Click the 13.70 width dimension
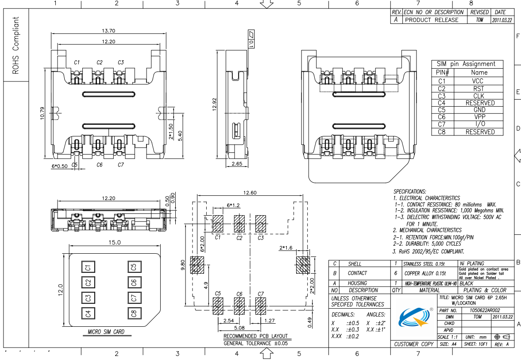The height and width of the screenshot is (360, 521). pos(108,31)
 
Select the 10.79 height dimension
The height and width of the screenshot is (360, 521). pos(42,113)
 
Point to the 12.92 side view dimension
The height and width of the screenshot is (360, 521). pos(214,104)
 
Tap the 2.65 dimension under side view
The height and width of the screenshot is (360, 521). pos(237,163)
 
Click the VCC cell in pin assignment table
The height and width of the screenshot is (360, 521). pos(478,81)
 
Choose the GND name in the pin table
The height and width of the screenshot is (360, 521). pos(479,110)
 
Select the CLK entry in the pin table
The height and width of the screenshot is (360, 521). pos(479,96)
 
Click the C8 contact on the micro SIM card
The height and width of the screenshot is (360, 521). pos(134,313)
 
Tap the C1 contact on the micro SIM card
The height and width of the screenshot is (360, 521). pos(89,267)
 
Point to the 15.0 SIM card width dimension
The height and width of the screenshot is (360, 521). pos(115,242)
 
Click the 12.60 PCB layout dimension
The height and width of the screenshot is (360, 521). pos(250,193)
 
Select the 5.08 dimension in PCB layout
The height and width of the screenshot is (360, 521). pos(239,328)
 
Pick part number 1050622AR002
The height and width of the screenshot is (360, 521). pos(484,310)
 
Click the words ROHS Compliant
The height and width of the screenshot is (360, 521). pos(15,45)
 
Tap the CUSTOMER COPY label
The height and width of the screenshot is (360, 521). pos(414,344)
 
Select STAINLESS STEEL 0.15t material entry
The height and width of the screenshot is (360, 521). pos(424,264)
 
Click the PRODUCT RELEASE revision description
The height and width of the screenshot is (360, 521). pos(432,20)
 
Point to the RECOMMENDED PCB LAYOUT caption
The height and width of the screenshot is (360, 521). pos(255,336)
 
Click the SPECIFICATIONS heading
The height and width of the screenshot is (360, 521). pos(410,191)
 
